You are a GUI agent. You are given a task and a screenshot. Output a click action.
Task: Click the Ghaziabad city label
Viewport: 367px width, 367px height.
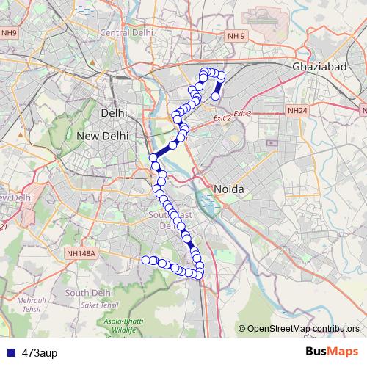tap(319, 66)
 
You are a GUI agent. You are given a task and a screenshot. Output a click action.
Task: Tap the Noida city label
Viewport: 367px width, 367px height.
tap(228, 189)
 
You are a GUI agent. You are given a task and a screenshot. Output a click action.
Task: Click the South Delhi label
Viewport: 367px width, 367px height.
tap(87, 293)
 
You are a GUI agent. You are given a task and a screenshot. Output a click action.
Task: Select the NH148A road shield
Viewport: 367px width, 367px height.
tap(81, 253)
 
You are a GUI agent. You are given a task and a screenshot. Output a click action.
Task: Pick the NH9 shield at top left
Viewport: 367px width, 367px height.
tap(9, 33)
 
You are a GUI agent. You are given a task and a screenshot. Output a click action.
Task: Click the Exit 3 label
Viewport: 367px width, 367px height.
tap(242, 114)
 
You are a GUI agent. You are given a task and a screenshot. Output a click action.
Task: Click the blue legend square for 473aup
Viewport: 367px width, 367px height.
tap(10, 352)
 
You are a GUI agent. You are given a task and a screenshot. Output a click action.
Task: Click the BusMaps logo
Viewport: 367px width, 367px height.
tap(332, 352)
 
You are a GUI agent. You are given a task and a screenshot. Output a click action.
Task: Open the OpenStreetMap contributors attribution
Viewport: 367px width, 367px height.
tap(303, 328)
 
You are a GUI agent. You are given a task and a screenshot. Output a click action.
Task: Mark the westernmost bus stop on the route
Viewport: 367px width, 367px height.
tap(145, 259)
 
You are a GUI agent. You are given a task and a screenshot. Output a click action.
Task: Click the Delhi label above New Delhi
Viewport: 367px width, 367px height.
tap(114, 114)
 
